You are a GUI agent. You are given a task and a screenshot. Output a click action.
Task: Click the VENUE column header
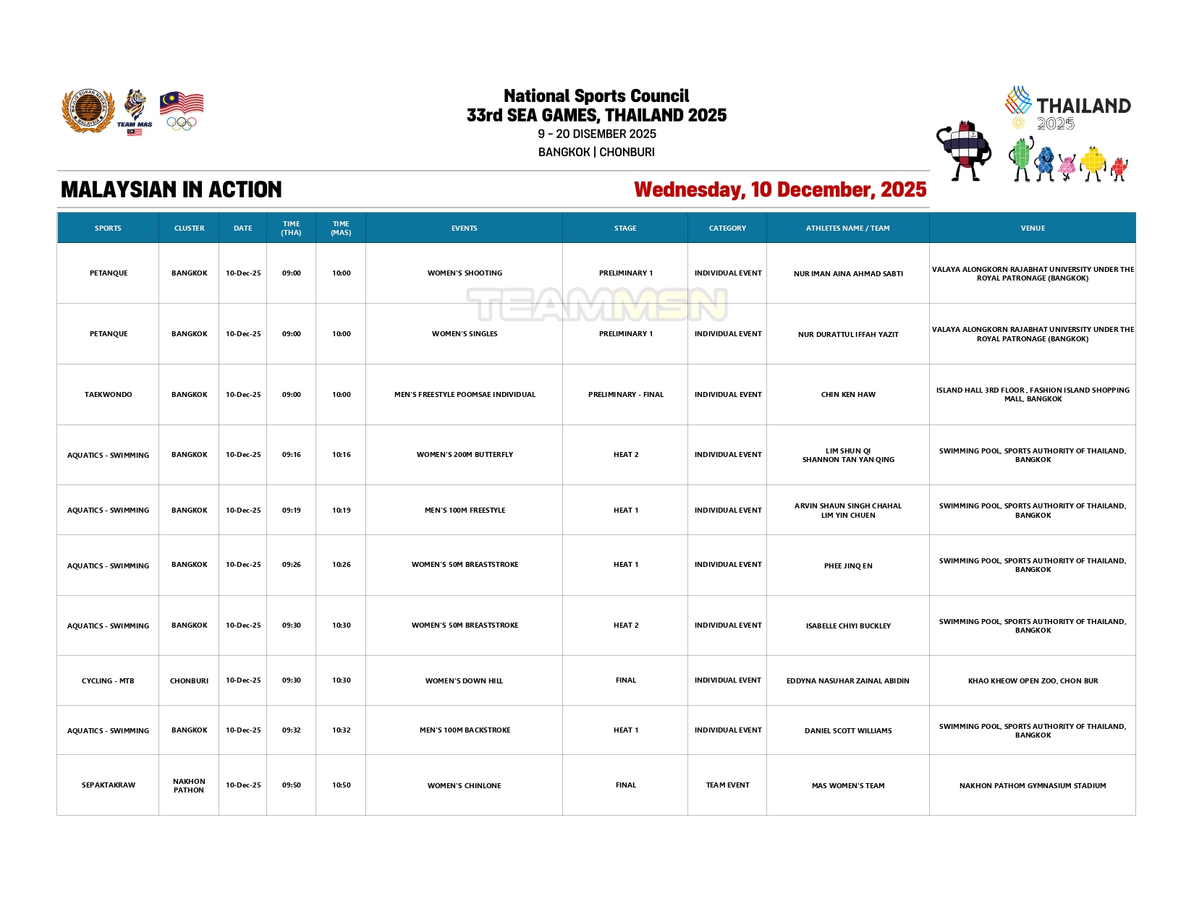click(x=1033, y=229)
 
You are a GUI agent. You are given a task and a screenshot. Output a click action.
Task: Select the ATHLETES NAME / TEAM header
click(x=847, y=229)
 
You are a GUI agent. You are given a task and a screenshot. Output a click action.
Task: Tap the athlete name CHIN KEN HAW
click(x=848, y=395)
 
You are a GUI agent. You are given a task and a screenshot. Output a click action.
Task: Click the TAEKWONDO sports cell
click(x=109, y=395)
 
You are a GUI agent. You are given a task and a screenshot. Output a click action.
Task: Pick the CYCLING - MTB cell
click(x=108, y=681)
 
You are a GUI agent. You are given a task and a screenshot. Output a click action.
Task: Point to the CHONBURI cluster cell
click(x=189, y=681)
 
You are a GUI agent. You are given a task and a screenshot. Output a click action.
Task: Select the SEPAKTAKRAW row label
click(x=109, y=785)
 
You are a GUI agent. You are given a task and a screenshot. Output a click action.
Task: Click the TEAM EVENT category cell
click(x=727, y=785)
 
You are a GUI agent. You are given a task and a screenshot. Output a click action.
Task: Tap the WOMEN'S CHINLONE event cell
click(x=464, y=786)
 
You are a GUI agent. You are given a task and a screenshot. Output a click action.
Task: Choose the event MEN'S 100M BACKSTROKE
click(x=465, y=730)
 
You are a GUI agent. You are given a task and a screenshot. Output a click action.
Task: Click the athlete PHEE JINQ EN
click(x=848, y=566)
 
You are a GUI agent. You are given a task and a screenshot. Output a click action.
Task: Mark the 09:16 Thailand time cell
click(x=291, y=455)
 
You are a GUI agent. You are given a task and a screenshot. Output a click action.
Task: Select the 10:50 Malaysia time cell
click(x=341, y=785)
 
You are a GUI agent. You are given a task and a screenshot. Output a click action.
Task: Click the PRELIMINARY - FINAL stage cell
click(x=625, y=395)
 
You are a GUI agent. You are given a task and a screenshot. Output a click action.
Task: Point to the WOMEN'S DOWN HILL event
click(x=464, y=681)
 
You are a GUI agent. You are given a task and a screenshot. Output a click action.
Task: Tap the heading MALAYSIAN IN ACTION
click(x=172, y=189)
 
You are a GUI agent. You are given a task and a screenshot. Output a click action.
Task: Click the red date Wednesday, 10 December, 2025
click(x=780, y=189)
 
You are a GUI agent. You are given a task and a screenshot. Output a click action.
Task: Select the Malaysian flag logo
click(x=182, y=103)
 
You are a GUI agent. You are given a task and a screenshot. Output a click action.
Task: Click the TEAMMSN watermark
click(x=597, y=304)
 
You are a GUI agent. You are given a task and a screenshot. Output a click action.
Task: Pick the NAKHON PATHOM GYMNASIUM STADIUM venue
click(x=1033, y=786)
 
